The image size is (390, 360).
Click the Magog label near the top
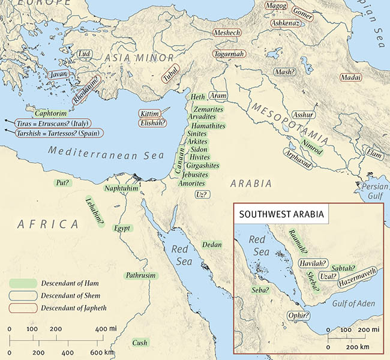pos(277,6)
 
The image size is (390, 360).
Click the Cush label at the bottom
pos(140,343)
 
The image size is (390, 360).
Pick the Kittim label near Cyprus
pos(149,113)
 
